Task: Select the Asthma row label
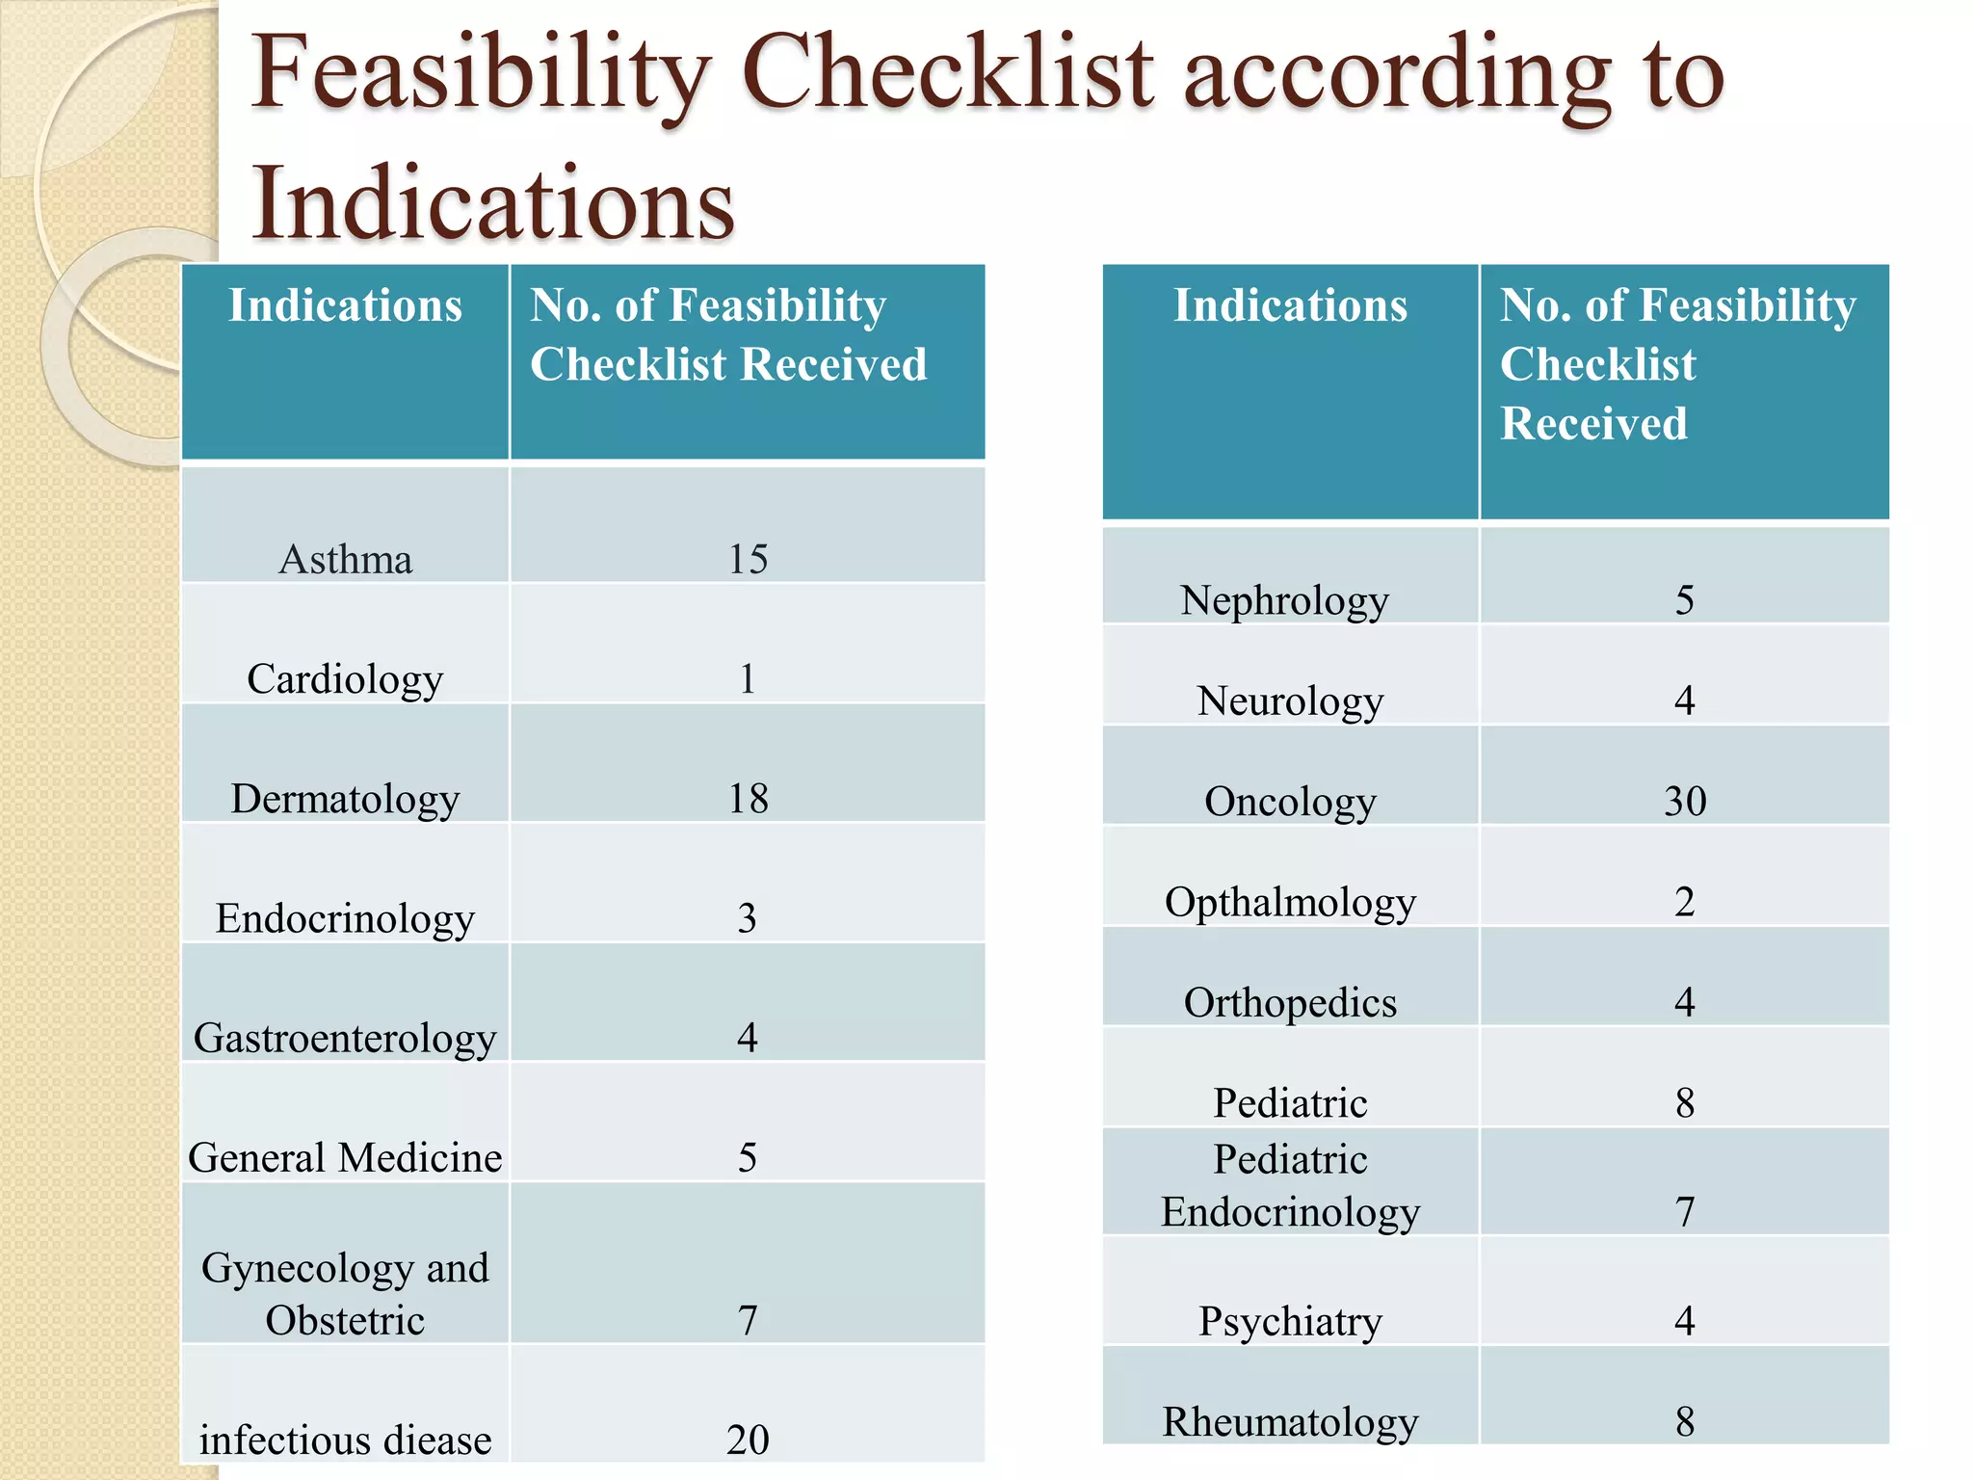(345, 560)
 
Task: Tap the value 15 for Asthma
(748, 560)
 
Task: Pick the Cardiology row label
(345, 679)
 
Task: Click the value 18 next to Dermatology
(748, 799)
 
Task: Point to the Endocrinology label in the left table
(345, 918)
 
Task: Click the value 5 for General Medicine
(748, 1157)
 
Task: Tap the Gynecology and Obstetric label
(345, 1293)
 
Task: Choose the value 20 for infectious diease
(748, 1440)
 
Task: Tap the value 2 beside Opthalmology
(1684, 902)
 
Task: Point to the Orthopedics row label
(1290, 1003)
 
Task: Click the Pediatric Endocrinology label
(1290, 1185)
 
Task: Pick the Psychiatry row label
(1290, 1321)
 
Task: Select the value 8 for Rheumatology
(1684, 1421)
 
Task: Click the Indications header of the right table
(1290, 305)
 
